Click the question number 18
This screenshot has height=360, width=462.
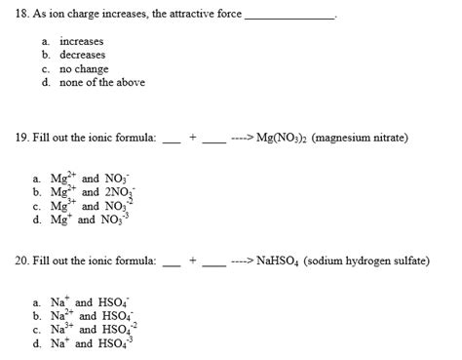click(x=21, y=17)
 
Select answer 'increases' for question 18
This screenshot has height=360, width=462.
click(x=81, y=42)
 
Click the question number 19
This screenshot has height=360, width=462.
click(x=21, y=139)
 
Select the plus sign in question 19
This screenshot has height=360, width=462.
click(x=192, y=139)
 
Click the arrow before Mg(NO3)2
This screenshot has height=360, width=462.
click(x=242, y=139)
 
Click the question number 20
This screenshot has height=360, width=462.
click(x=21, y=262)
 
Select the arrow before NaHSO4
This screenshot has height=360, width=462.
click(x=242, y=262)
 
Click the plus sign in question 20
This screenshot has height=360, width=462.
click(x=192, y=262)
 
